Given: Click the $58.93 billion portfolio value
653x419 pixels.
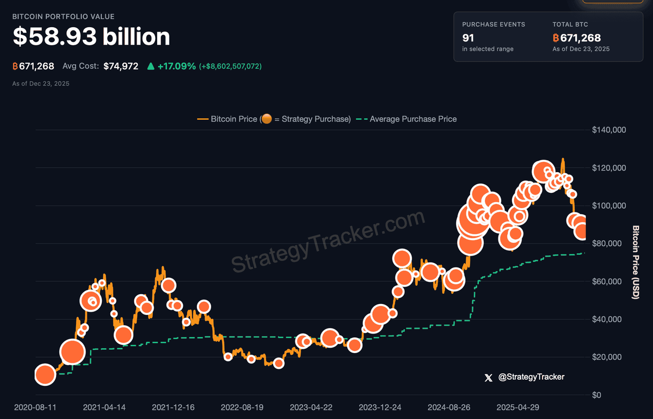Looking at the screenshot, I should pos(91,37).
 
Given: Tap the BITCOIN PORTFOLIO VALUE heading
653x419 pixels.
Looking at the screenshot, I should pos(63,17).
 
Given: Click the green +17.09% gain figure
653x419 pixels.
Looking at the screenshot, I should pos(176,66).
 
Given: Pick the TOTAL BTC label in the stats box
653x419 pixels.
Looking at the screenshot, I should pos(570,25).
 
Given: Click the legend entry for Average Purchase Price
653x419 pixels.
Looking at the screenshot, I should pos(412,119).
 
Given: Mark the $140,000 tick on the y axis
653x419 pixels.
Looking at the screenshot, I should pos(609,130).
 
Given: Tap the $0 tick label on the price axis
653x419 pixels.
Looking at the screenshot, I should pos(597,395).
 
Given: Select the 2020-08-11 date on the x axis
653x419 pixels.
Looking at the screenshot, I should pos(34,408).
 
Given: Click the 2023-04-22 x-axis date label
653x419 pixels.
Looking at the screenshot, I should pos(311,408).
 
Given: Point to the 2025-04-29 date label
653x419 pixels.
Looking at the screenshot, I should pos(519,408).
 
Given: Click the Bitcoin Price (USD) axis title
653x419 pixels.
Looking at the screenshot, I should pos(635,262).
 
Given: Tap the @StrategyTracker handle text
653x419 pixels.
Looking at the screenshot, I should pos(531,377).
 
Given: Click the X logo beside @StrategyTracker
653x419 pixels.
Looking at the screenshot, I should pos(488,377).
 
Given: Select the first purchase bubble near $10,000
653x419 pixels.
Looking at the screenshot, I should pos(45,374).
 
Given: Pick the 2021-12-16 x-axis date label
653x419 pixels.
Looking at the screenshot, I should pos(173,408).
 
